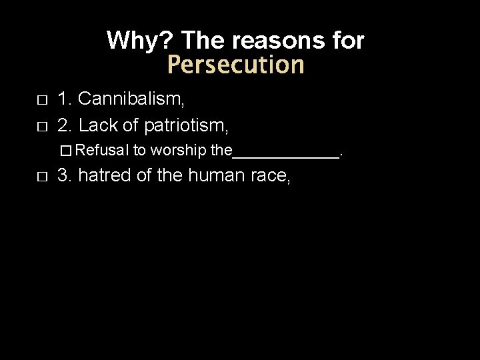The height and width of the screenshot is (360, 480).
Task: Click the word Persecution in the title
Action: tap(235, 65)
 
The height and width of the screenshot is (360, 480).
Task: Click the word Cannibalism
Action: tap(131, 100)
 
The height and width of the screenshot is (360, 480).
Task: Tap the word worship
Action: tap(179, 151)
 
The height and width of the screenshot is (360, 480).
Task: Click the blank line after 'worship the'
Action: tap(285, 155)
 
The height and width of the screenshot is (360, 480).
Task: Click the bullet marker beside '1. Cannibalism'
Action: tap(42, 101)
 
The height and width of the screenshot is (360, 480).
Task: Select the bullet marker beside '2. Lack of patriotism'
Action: tap(42, 124)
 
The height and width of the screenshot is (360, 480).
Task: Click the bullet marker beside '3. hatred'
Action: tap(42, 177)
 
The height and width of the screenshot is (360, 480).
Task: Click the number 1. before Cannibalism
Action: tap(65, 100)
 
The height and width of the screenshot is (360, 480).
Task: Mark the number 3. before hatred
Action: tap(65, 176)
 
